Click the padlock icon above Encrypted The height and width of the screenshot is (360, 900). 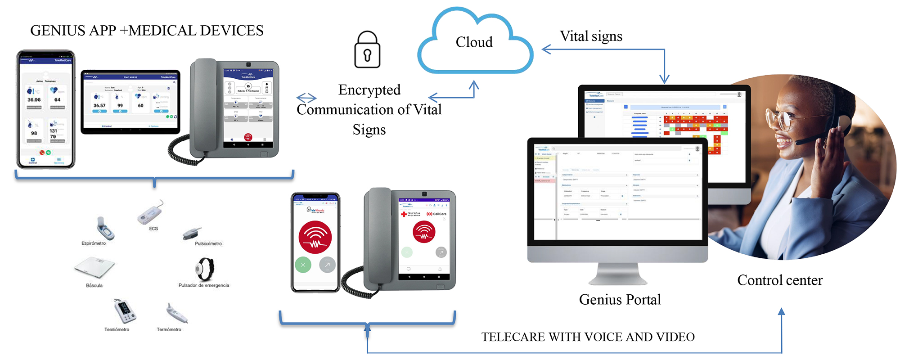[367, 50]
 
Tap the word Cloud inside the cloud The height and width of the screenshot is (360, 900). [474, 42]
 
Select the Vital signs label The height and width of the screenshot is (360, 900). [591, 36]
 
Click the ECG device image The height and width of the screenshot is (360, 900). [150, 212]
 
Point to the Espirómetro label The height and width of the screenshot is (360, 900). [94, 243]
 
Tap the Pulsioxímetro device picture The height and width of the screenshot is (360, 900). [192, 234]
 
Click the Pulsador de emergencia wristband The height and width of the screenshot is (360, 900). [204, 269]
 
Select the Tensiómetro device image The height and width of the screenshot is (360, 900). [125, 311]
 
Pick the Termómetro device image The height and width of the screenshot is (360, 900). [176, 313]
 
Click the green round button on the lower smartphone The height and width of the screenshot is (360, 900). [303, 265]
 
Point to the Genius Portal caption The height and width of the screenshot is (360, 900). [620, 300]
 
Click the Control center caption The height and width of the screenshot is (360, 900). [779, 280]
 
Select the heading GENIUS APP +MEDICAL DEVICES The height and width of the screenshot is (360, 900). [147, 31]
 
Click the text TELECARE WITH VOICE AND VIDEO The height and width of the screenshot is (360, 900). [588, 337]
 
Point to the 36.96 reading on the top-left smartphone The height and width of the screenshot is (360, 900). [34, 100]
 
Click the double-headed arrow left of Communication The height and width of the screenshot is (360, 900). [306, 98]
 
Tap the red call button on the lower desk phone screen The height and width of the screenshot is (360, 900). [424, 231]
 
